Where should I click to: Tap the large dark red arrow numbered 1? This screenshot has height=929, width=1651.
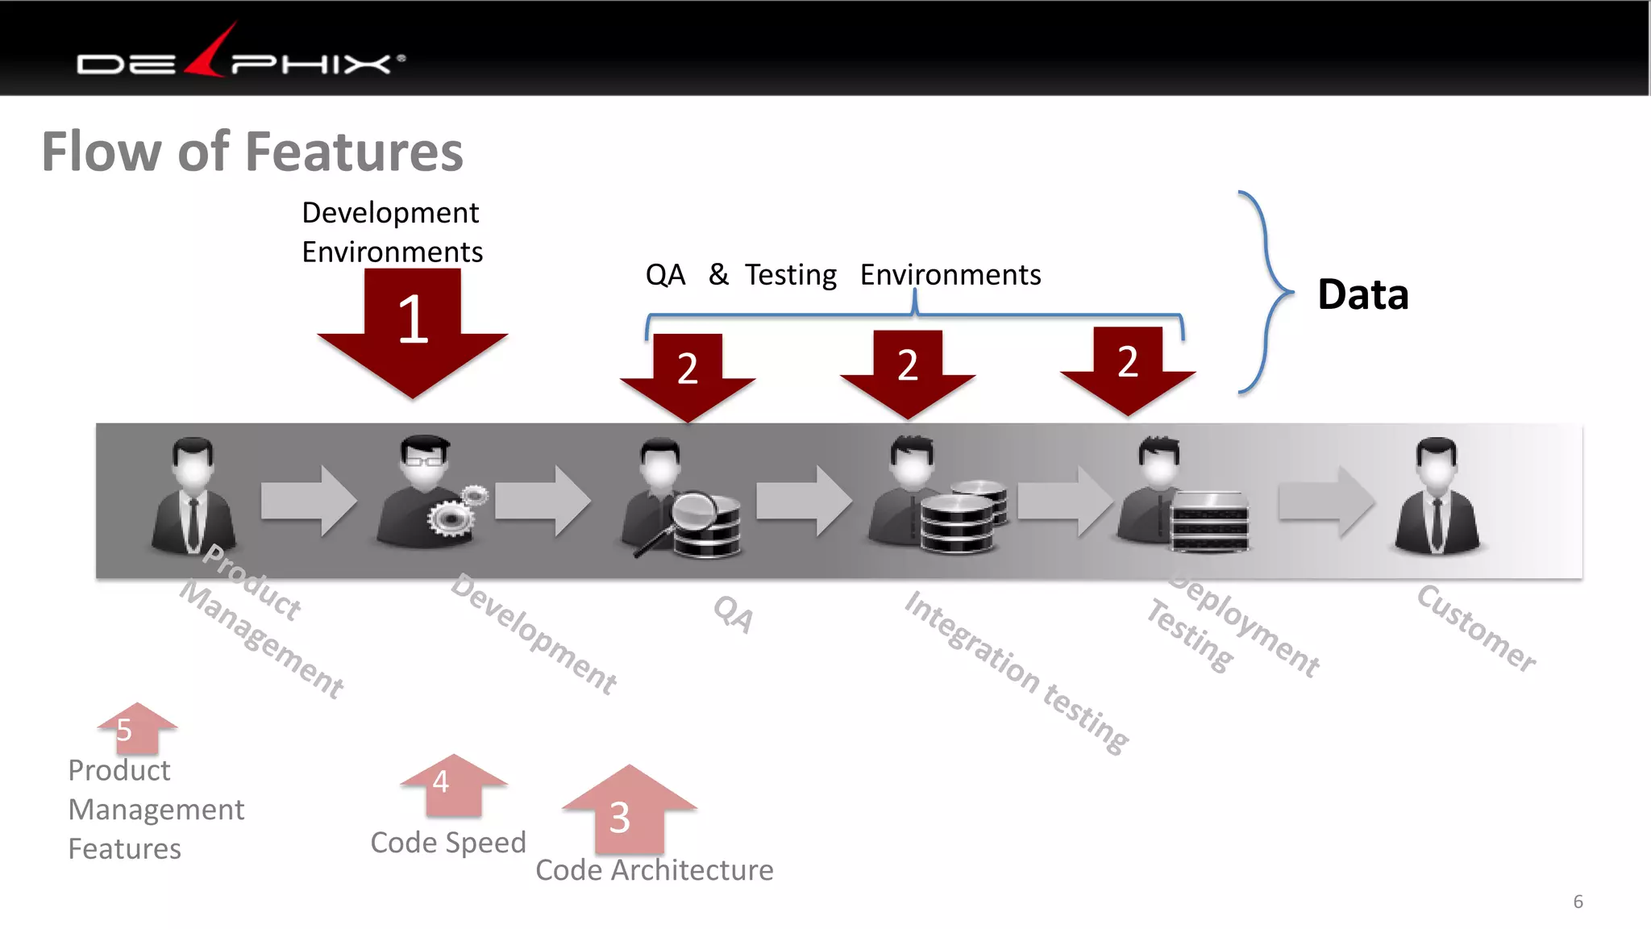coord(413,331)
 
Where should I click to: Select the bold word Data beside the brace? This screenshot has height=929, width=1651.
coord(1362,294)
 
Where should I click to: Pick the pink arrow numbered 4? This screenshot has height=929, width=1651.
coord(454,784)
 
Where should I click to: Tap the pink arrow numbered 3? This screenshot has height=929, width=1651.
coord(629,810)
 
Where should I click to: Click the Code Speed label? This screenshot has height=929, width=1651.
coord(448,843)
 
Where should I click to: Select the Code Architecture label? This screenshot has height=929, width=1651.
coord(654,870)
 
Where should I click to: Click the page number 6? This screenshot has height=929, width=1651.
coord(1578,902)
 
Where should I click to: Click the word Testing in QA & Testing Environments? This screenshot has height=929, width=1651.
coord(790,276)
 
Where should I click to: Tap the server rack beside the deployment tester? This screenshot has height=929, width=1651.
coord(1209,522)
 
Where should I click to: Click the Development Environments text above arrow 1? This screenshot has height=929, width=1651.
coord(392,232)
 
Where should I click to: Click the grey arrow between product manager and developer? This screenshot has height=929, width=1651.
coord(308,501)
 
